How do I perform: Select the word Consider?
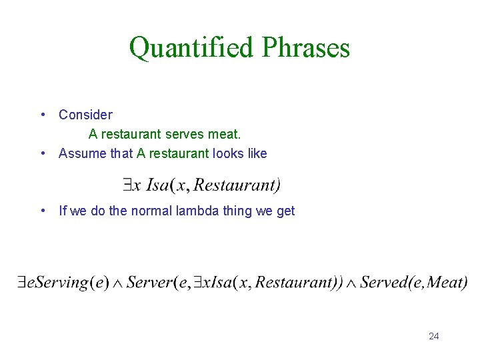tap(85, 115)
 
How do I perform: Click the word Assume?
tap(83, 153)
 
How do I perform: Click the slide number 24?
tap(433, 336)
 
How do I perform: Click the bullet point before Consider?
tap(43, 115)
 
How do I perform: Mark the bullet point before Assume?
tap(43, 153)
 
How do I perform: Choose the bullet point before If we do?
tap(43, 211)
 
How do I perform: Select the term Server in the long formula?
tap(149, 282)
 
